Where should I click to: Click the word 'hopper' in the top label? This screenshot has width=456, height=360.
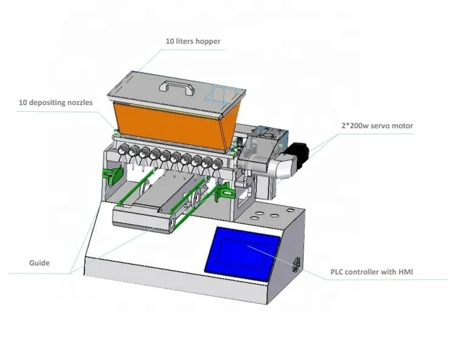208,42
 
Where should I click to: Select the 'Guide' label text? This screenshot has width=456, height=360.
40,263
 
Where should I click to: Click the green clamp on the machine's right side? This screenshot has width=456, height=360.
224,194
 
